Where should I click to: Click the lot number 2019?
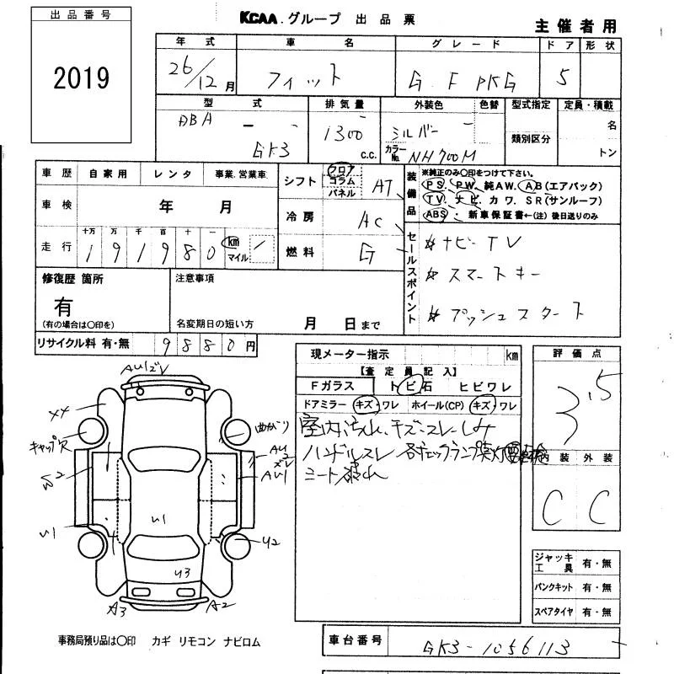click(x=82, y=78)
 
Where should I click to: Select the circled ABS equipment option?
click(x=436, y=214)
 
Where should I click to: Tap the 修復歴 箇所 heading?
click(x=72, y=278)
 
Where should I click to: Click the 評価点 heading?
click(x=575, y=354)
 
